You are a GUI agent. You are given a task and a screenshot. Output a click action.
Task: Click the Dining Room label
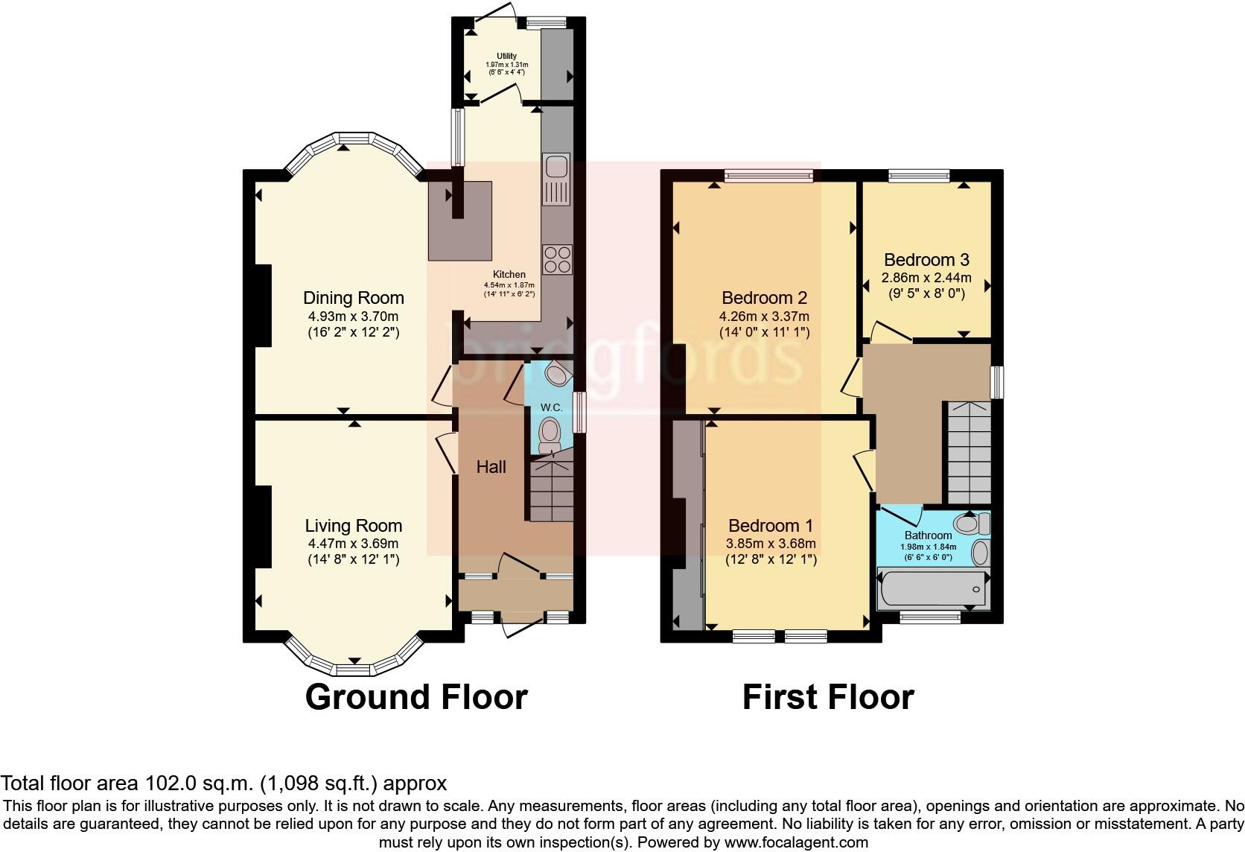coord(353,298)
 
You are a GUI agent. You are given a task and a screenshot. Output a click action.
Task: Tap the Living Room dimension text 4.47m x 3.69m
coord(353,543)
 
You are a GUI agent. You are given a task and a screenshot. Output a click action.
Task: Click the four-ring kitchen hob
coord(556,259)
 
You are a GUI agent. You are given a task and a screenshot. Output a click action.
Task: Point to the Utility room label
coord(506,56)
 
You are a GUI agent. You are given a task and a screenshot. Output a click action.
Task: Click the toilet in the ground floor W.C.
coord(550,433)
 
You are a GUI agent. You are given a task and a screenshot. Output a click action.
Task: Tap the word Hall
coord(491,467)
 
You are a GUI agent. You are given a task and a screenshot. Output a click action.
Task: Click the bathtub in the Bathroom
coord(934,588)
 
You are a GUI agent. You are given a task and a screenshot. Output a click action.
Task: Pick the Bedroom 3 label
coord(926,260)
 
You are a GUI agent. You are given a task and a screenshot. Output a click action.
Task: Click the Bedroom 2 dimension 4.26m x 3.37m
coord(764,316)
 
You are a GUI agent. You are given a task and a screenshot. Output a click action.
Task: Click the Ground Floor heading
coord(416,697)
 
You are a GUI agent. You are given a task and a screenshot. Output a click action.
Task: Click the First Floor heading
coord(827,697)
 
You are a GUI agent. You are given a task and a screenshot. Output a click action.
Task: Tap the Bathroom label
coord(928,535)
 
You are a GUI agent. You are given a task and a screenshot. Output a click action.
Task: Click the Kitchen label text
coord(509,275)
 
